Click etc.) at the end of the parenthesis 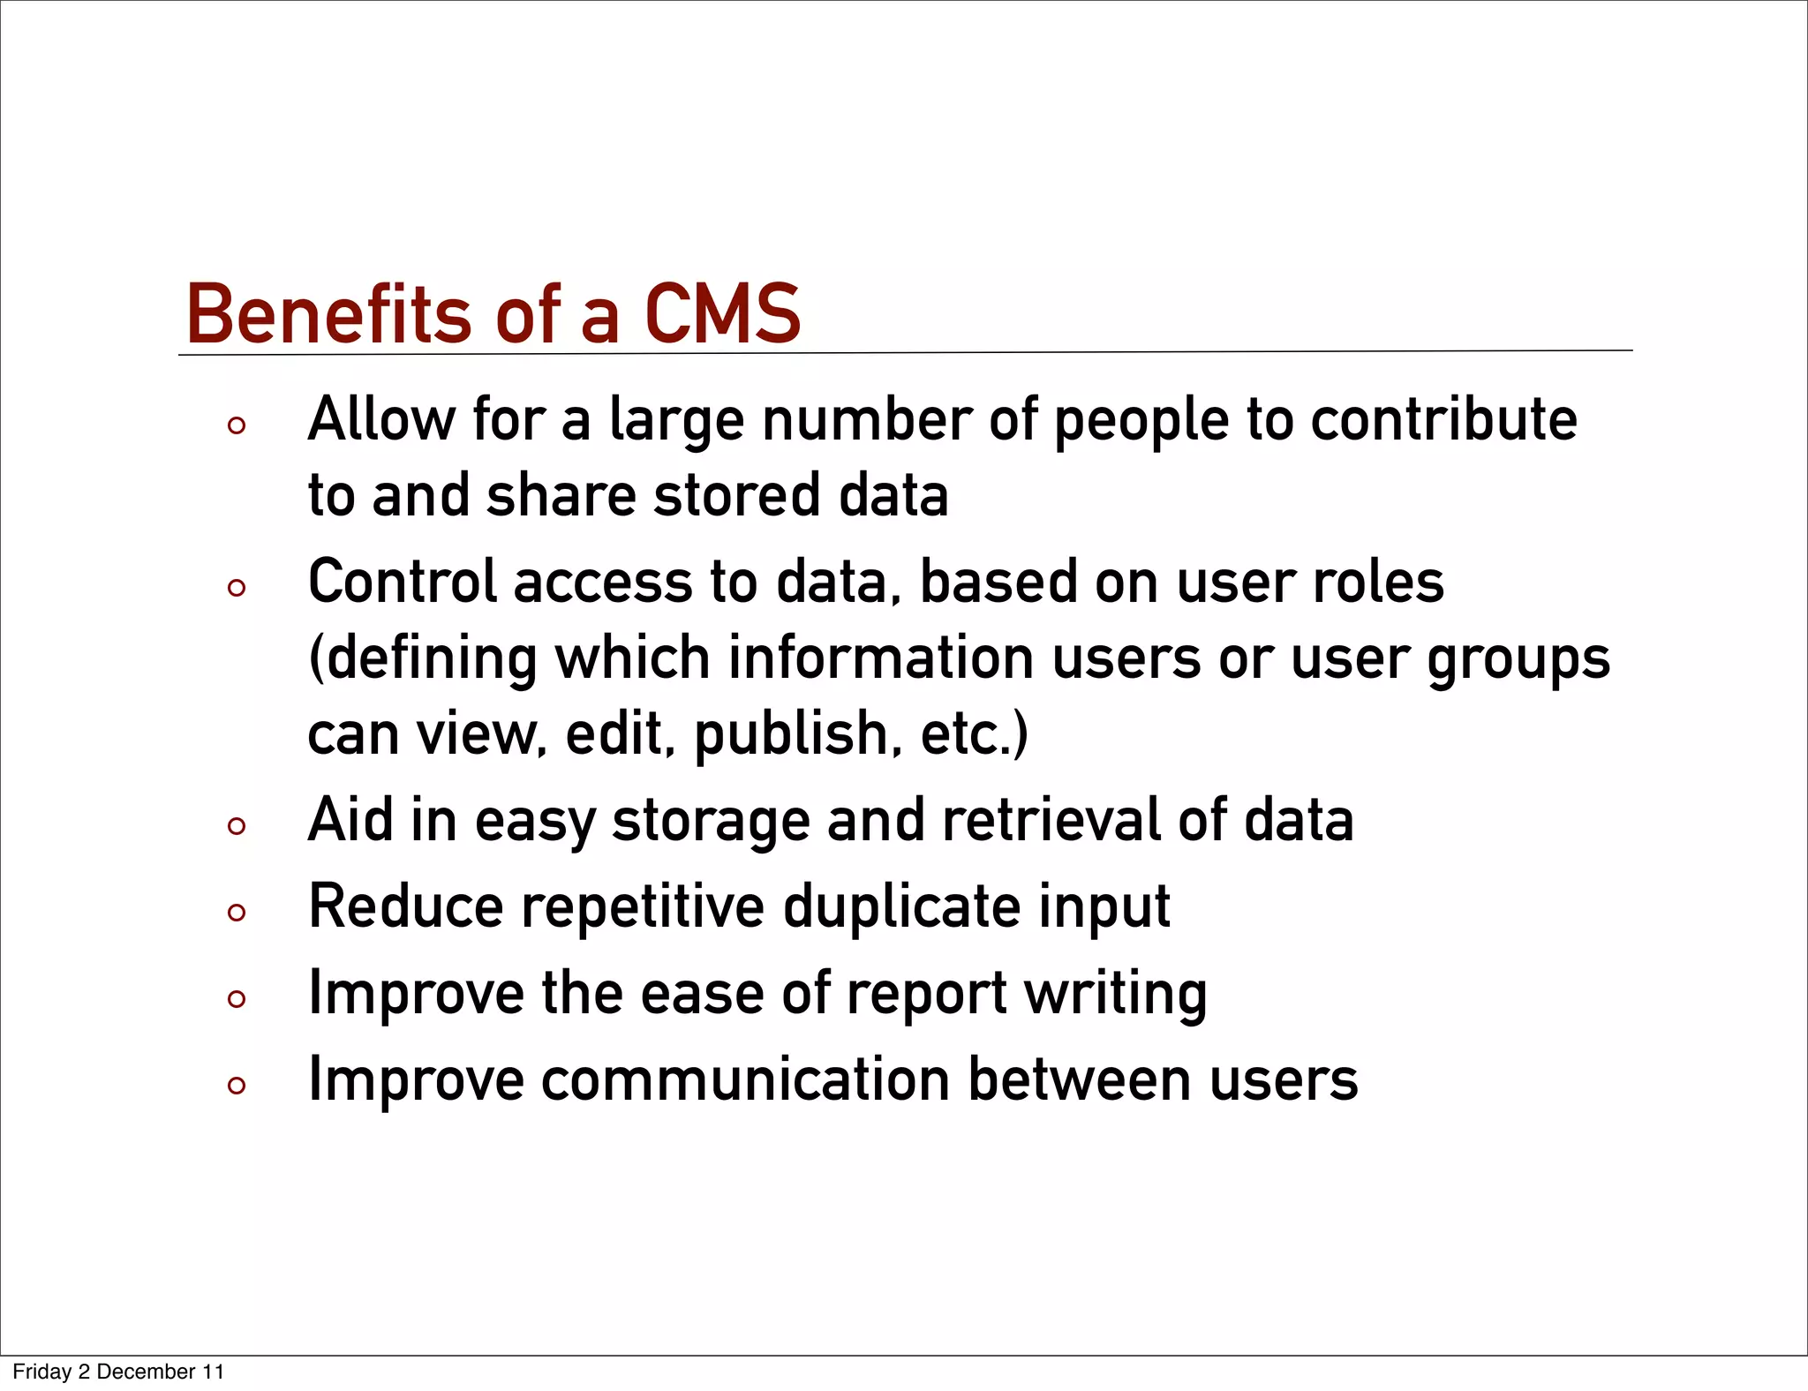pos(975,734)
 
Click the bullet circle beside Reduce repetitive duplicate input pos(236,913)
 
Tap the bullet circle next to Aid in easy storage pos(236,826)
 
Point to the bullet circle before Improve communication pos(236,1086)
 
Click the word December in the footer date pos(146,1372)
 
